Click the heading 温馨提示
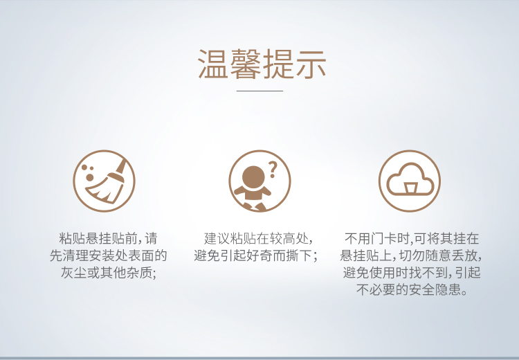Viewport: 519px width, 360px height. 262,64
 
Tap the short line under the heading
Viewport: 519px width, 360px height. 259,90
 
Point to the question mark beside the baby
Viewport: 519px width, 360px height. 273,170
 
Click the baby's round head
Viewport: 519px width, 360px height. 253,177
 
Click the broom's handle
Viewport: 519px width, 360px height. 121,166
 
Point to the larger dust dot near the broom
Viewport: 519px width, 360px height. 90,177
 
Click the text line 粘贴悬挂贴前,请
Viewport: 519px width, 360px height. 108,238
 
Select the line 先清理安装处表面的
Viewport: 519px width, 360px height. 108,255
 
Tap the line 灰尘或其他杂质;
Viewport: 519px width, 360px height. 108,273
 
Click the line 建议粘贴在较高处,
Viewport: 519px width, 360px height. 259,238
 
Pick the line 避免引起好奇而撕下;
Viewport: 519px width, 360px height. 256,255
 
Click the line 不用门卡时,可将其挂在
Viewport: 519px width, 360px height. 412,238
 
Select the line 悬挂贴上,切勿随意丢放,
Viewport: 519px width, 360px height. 411,255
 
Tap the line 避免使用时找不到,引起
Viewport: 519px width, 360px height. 412,273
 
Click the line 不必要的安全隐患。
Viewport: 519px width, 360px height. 412,290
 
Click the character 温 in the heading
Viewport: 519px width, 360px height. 213,64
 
